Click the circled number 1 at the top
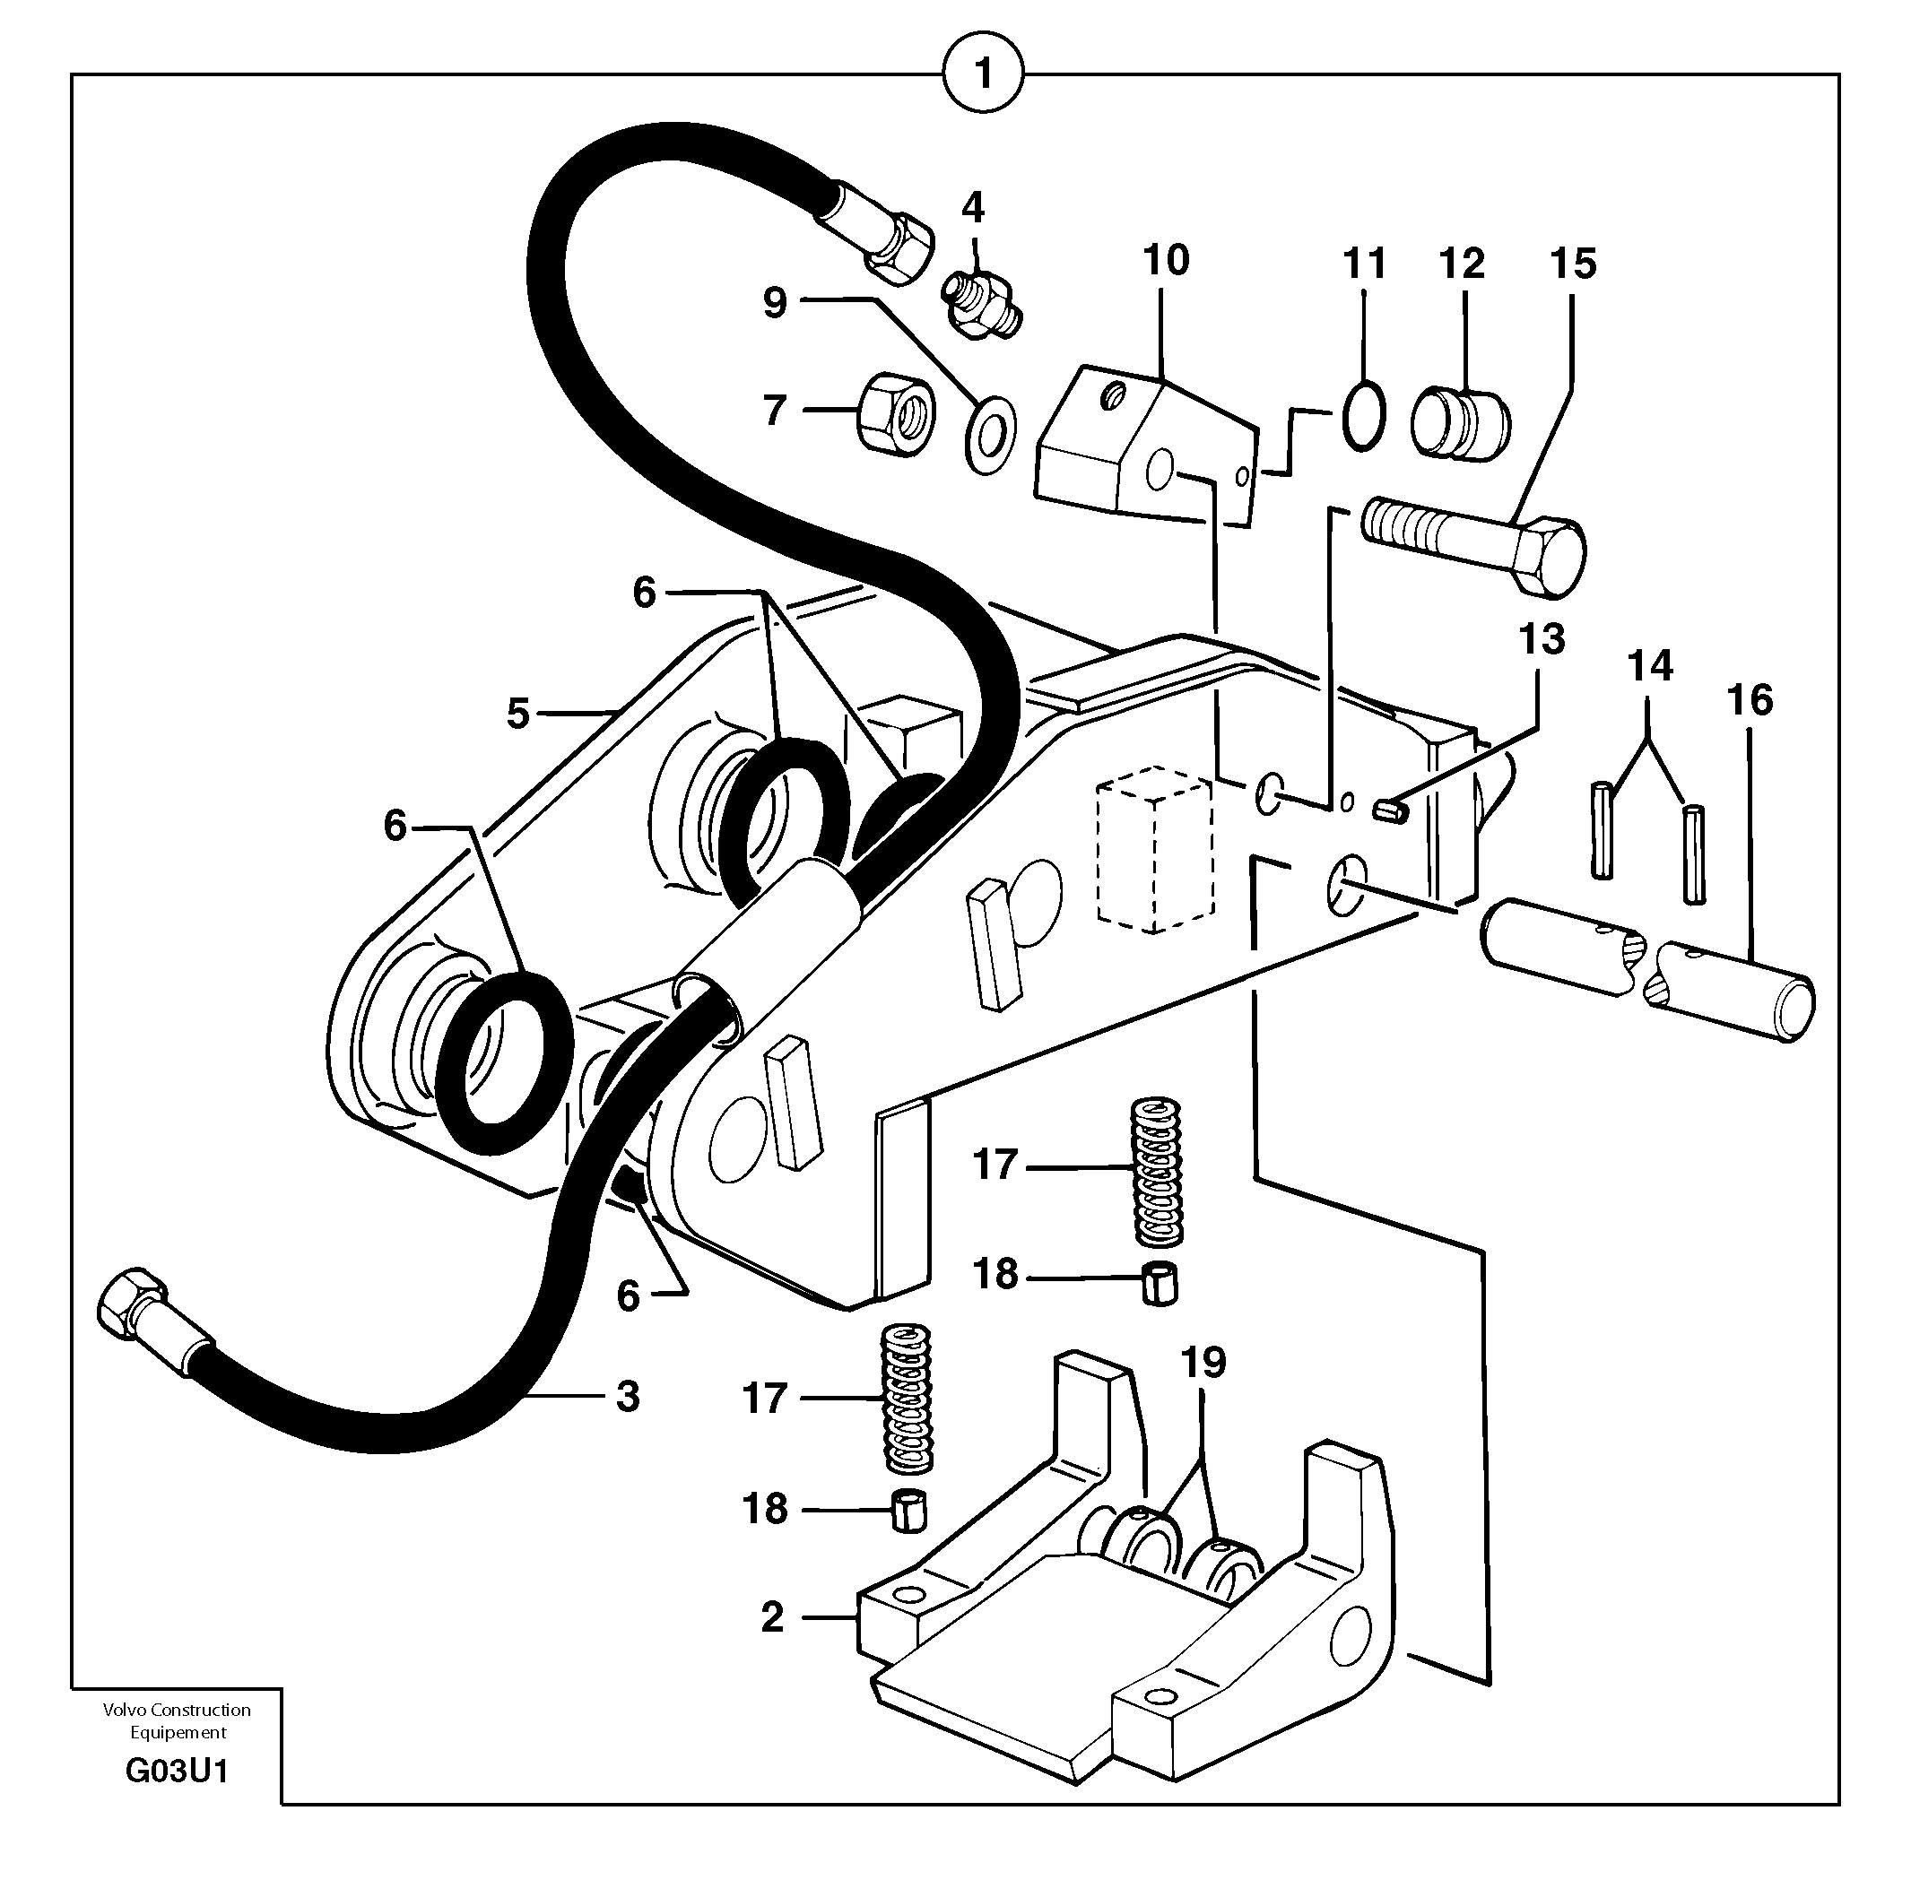click(x=983, y=74)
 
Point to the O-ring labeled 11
click(x=1363, y=415)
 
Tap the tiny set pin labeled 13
click(x=1391, y=810)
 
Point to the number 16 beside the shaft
click(x=1750, y=700)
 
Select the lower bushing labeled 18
click(x=909, y=1511)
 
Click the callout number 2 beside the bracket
click(x=772, y=1617)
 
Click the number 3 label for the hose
click(x=628, y=1396)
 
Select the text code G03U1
click(x=177, y=1772)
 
